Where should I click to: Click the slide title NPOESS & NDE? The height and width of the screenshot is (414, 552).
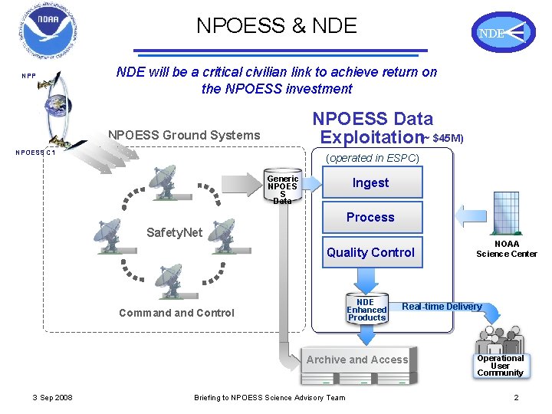277,25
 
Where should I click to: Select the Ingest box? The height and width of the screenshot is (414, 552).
371,182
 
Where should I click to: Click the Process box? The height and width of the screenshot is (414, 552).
371,217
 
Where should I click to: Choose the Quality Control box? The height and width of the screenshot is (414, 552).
371,252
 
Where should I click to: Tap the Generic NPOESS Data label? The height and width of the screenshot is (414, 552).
282,189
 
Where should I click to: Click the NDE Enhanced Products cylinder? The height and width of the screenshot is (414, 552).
366,308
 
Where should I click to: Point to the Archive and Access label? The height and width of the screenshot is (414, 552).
357,360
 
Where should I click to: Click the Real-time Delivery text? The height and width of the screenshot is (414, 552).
442,307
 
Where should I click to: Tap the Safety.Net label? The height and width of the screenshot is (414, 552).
174,232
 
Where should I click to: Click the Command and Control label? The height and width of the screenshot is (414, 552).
177,313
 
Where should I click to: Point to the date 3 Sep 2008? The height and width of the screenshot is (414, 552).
53,397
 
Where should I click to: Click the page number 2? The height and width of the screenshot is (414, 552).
516,397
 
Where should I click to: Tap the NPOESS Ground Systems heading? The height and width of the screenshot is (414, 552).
185,136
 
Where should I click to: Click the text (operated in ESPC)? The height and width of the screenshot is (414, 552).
373,159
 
